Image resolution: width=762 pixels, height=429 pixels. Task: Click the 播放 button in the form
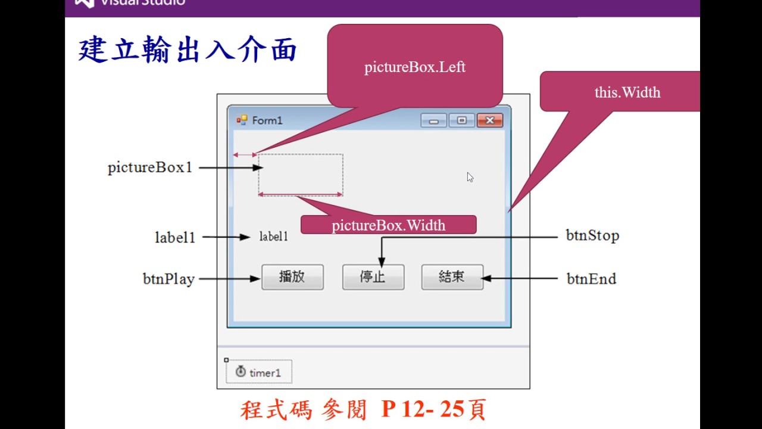pos(292,277)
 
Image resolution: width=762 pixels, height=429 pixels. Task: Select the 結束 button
pos(452,277)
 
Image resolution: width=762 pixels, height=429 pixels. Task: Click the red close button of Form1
pos(490,120)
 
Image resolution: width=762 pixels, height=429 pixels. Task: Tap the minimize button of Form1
pos(433,120)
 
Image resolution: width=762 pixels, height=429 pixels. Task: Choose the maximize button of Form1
pos(461,120)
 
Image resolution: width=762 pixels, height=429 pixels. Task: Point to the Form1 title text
pos(267,120)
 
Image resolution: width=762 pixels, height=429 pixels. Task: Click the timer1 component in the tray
pos(259,372)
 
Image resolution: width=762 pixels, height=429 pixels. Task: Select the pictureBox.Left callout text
pos(415,67)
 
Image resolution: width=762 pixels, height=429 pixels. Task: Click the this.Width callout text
pos(627,92)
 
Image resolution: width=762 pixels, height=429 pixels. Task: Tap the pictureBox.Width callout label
pos(388,225)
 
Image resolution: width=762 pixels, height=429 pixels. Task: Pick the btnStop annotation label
pos(592,235)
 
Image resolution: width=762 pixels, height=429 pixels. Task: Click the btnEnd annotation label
pos(591,279)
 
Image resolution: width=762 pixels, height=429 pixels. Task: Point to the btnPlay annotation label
pos(168,279)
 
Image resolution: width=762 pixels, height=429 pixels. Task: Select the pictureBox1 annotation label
pos(150,167)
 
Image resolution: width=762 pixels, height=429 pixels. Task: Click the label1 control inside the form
pos(274,237)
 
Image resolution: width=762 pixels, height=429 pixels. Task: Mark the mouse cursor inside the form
pos(470,177)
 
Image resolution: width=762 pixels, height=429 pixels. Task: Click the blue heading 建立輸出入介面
pos(188,51)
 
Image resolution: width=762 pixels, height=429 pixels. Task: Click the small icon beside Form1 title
pos(242,120)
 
